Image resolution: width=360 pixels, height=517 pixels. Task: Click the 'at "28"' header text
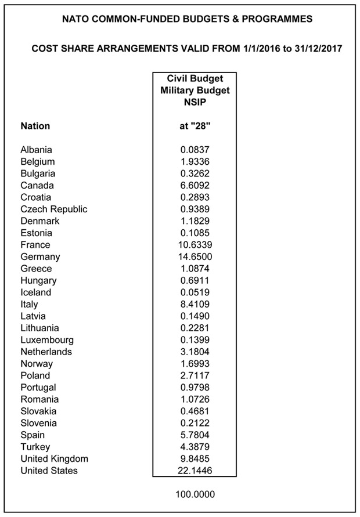pyautogui.click(x=194, y=126)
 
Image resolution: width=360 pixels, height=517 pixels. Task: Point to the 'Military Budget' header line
pyautogui.click(x=194, y=90)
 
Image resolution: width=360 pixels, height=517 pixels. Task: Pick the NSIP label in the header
pyautogui.click(x=194, y=102)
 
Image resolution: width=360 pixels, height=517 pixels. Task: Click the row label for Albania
pyautogui.click(x=36, y=150)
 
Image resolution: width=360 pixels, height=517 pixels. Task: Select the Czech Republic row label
pyautogui.click(x=53, y=209)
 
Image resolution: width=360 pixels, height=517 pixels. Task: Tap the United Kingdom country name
pyautogui.click(x=54, y=458)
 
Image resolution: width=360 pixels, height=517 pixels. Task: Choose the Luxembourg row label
pyautogui.click(x=47, y=340)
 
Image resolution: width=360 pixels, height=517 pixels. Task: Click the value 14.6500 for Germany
pyautogui.click(x=194, y=256)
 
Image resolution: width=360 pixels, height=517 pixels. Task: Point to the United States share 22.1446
pyautogui.click(x=194, y=471)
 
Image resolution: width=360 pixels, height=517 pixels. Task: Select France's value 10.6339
pyautogui.click(x=194, y=245)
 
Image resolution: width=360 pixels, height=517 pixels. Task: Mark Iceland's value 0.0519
pyautogui.click(x=194, y=292)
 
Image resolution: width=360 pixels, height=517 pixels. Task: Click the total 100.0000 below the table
pyautogui.click(x=194, y=496)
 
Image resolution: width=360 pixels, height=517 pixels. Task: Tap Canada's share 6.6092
pyautogui.click(x=194, y=186)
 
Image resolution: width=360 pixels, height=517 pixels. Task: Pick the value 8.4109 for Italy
pyautogui.click(x=194, y=304)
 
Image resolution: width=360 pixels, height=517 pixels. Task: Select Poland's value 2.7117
pyautogui.click(x=194, y=375)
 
